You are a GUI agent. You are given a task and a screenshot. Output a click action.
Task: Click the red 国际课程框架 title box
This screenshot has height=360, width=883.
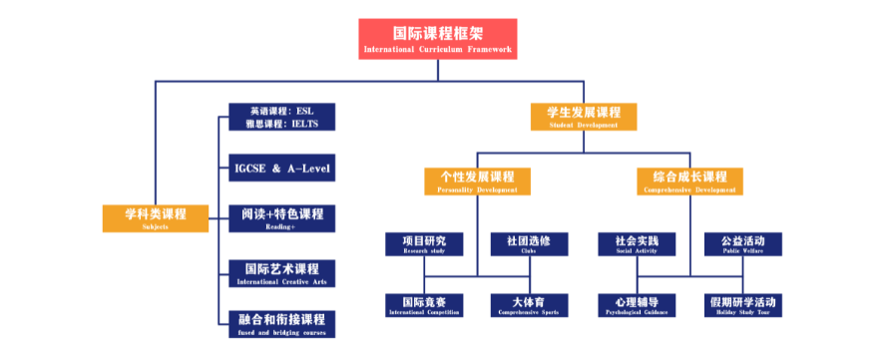point(438,37)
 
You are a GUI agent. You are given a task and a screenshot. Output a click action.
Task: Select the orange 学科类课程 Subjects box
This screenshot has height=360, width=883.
point(156,217)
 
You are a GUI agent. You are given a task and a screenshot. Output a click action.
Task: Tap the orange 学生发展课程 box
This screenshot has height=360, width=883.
point(584,116)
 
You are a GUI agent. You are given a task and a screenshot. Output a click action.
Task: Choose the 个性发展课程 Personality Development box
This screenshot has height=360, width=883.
point(477,180)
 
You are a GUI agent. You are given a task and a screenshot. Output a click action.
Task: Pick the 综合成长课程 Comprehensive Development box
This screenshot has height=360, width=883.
point(689,180)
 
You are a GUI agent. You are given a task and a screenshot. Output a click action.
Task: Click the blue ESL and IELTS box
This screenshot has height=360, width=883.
point(281,117)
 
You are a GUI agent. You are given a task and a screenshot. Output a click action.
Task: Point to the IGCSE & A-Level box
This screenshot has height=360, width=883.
point(281,168)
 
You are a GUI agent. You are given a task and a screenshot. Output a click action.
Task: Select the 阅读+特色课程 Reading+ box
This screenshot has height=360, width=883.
point(281,217)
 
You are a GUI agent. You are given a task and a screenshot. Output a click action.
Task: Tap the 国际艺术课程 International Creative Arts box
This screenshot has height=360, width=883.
point(281,273)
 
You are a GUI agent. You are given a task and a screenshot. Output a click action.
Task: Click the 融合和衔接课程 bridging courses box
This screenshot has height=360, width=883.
point(281,323)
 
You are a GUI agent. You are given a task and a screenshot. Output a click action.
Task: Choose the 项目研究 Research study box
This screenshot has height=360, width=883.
point(424,244)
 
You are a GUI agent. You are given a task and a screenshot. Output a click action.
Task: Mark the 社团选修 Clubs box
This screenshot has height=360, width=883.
point(529,244)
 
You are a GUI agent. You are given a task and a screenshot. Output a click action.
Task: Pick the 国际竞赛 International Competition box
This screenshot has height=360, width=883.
point(424,305)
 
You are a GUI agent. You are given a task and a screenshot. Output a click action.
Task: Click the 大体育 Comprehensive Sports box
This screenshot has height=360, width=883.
point(529,305)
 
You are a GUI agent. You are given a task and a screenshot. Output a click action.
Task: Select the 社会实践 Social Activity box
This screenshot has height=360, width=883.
point(637,244)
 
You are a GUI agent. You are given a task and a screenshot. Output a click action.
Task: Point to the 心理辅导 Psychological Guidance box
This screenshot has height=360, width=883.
point(637,305)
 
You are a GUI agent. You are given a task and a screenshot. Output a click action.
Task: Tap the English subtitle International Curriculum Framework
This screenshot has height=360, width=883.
point(438,49)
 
